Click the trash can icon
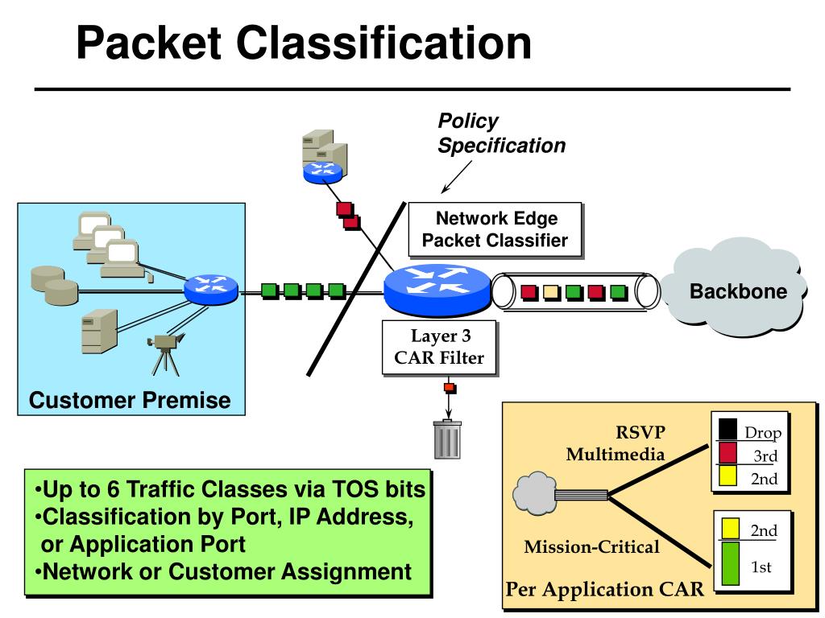(448, 439)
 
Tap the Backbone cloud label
(738, 291)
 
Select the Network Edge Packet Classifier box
(495, 229)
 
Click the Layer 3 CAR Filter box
(439, 348)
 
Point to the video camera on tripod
(165, 354)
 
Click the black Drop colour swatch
(728, 428)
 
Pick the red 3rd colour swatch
(728, 453)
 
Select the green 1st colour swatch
(730, 562)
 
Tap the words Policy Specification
(501, 133)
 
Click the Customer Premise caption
(130, 400)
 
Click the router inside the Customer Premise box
(210, 289)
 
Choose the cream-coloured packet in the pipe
(551, 292)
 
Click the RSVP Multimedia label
(616, 443)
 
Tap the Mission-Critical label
(591, 547)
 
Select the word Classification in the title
(383, 43)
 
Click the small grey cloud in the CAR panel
(535, 492)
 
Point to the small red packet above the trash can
(450, 389)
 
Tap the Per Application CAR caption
(604, 589)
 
